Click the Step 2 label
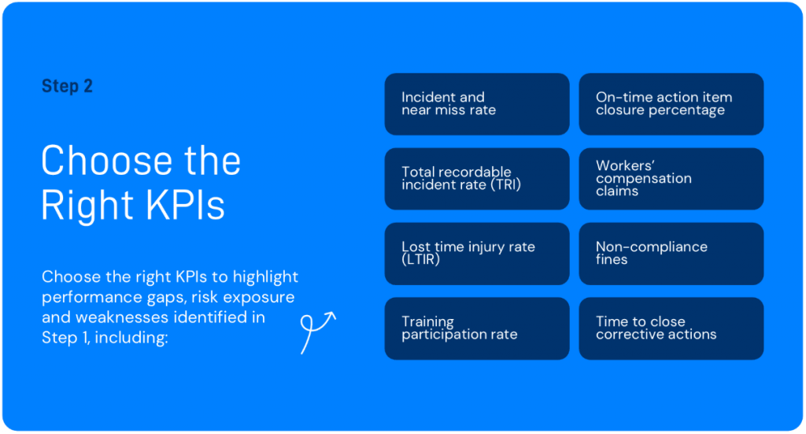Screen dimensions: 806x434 pos(68,86)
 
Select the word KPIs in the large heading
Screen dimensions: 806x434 pos(184,205)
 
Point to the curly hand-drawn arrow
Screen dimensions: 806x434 pos(316,331)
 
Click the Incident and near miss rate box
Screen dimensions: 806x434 pos(477,104)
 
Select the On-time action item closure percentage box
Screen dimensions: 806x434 pos(671,104)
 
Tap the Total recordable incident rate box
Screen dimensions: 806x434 pos(477,179)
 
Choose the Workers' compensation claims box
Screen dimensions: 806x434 pos(671,179)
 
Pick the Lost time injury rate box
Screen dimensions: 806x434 pos(477,254)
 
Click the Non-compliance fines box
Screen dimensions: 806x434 pos(671,254)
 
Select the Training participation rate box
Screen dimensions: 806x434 pos(477,328)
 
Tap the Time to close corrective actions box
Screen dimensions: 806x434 pos(671,328)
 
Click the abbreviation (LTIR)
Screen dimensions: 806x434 pos(421,260)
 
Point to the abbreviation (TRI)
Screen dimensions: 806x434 pos(506,184)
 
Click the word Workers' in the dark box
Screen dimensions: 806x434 pos(625,165)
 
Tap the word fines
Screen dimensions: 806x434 pos(612,260)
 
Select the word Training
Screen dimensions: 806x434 pos(427,322)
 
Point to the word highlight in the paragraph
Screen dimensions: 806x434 pos(265,277)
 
